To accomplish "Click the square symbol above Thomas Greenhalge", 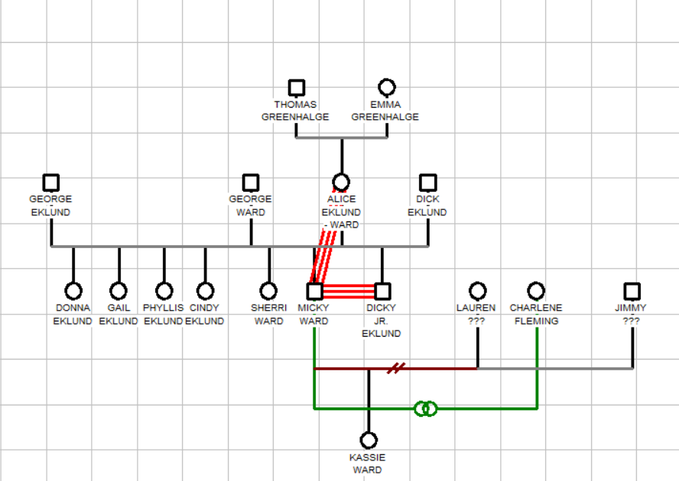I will click(296, 88).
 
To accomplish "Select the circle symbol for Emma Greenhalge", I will click(387, 88).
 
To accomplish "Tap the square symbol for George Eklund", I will click(51, 182).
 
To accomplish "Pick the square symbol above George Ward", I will click(250, 182).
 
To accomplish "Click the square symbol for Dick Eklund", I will click(427, 182).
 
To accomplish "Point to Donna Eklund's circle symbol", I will click(73, 291).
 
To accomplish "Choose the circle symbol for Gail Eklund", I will click(119, 291).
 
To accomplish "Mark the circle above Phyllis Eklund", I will click(164, 291).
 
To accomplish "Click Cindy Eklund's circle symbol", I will click(205, 291).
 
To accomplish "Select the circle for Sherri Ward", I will click(268, 291).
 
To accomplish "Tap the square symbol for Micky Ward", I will click(314, 291).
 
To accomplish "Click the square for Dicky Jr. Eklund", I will click(382, 291).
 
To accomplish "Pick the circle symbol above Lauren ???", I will click(477, 291).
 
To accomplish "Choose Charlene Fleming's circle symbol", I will click(536, 291).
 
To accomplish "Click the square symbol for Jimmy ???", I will click(632, 291).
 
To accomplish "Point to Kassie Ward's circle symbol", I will click(369, 441).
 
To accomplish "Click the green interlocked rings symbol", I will click(426, 408).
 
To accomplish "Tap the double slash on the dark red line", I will click(395, 369).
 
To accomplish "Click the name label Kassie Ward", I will click(368, 463).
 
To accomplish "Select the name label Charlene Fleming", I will click(536, 315).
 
